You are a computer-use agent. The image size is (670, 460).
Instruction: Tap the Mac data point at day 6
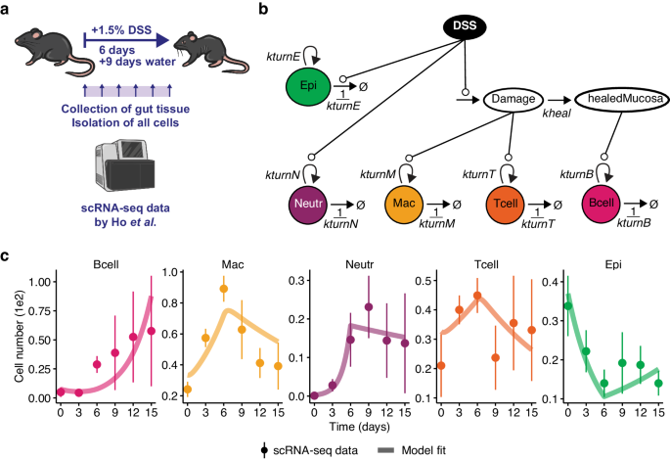pyautogui.click(x=223, y=290)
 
